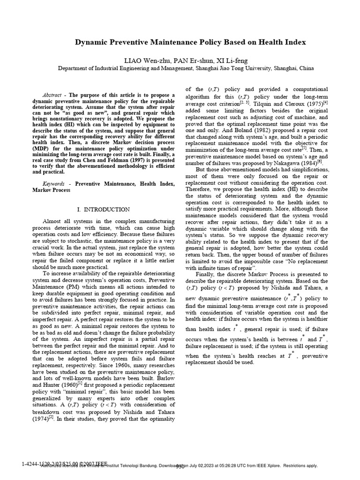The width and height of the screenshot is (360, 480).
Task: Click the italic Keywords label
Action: pyautogui.click(x=53, y=184)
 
